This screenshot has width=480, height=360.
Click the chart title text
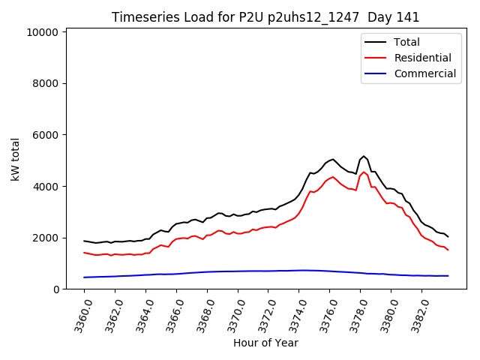[265, 17]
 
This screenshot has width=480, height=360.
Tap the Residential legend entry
[422, 58]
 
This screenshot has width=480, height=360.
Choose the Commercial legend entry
[424, 73]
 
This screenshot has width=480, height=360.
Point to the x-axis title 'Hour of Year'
[265, 343]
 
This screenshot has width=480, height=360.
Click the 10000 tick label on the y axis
[43, 32]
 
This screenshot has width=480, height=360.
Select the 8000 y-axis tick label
[46, 84]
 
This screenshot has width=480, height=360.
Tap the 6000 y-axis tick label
[46, 135]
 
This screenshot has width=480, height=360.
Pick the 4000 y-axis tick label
[46, 187]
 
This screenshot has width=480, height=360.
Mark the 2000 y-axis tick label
[46, 238]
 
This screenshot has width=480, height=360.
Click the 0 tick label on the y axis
[56, 289]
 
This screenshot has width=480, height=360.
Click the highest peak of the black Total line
[364, 156]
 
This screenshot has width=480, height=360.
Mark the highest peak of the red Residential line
[364, 172]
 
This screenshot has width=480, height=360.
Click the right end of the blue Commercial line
[448, 276]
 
